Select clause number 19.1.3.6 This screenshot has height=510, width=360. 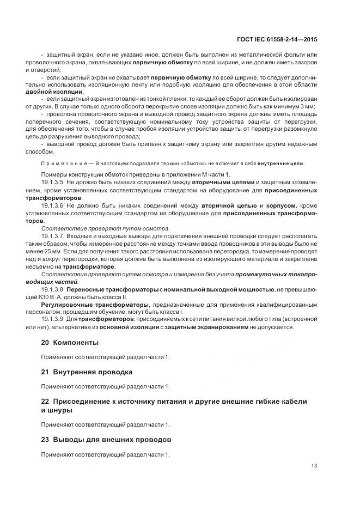pyautogui.click(x=52, y=205)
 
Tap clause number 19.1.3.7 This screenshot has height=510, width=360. pyautogui.click(x=52, y=235)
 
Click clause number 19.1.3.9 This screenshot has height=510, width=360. pyautogui.click(x=52, y=318)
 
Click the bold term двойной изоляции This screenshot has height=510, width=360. pyautogui.click(x=62, y=92)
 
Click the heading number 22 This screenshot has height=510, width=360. pyautogui.click(x=45, y=402)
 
